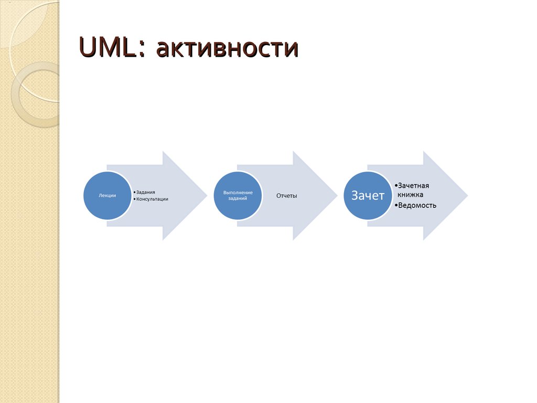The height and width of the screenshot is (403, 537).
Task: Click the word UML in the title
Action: pos(109,47)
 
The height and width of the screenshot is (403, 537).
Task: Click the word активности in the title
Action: pos(228,48)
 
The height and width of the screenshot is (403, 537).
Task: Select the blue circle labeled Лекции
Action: pos(107,195)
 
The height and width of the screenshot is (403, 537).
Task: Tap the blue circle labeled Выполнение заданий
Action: pos(238,195)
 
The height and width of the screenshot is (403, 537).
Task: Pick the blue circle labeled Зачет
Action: pos(368,195)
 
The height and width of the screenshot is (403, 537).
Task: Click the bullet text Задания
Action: pos(146,192)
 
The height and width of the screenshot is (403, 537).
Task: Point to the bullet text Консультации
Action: pos(153,199)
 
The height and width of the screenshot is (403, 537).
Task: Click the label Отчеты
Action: pos(287,196)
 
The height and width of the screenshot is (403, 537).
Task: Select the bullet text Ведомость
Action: pos(417,205)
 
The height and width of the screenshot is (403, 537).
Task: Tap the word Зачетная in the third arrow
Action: pos(413,186)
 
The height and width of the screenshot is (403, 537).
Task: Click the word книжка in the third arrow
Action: pos(410,195)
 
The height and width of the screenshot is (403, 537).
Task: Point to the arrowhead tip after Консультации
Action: pos(207,196)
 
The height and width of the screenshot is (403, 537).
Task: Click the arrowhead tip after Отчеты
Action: pos(337,196)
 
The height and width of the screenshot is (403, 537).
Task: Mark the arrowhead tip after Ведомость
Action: pos(467,196)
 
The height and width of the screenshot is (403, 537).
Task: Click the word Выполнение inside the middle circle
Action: pos(238,193)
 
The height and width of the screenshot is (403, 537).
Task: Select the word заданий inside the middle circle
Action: pos(238,198)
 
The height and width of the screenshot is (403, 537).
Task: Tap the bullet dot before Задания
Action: pos(134,193)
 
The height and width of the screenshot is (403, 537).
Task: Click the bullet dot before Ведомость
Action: pos(396,205)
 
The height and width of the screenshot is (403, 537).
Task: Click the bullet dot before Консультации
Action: pos(134,199)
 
